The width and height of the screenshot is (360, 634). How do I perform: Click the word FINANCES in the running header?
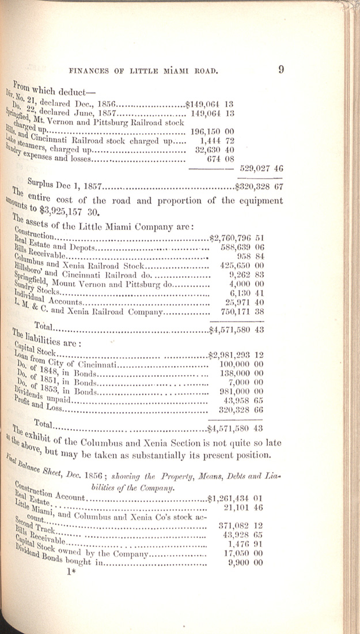(x=92, y=71)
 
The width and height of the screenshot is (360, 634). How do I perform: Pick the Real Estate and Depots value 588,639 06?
(x=242, y=247)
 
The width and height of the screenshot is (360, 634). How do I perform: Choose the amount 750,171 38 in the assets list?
(x=242, y=312)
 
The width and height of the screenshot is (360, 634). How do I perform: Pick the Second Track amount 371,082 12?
(x=242, y=525)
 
